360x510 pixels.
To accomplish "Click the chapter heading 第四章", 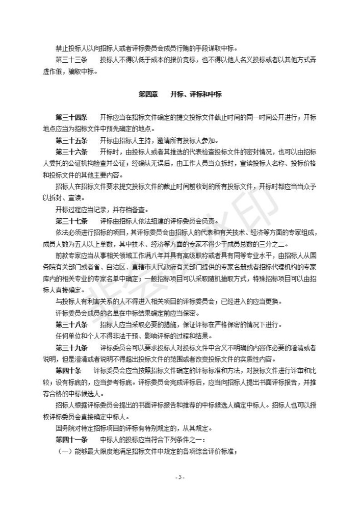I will (148, 94).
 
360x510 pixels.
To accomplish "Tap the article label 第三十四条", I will (71, 117).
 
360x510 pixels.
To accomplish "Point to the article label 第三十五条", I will (71, 140).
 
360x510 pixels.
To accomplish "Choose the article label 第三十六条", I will (71, 152).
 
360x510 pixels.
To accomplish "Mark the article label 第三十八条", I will (71, 324).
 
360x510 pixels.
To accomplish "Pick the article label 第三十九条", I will (71, 347).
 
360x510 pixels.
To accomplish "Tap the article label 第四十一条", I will (71, 439).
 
